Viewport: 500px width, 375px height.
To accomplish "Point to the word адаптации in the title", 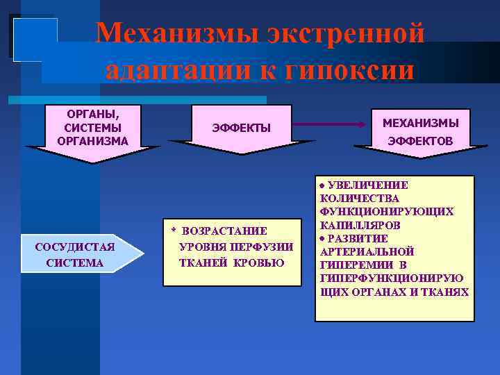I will (x=172, y=71).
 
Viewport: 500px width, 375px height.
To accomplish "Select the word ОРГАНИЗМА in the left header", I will (x=92, y=140).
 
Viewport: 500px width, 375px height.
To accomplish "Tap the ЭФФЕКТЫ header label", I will (x=241, y=127).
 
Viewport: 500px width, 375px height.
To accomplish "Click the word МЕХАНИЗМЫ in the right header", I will (x=421, y=123).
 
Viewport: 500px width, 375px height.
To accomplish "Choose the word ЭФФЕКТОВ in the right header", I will (x=421, y=141).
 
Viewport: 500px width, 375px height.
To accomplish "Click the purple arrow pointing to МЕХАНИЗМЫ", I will (x=333, y=123).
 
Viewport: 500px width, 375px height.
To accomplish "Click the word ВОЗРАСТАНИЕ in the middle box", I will (x=224, y=231).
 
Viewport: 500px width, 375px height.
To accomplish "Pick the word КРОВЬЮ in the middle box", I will (x=259, y=262).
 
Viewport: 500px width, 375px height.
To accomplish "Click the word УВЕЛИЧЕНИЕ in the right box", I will (x=368, y=185).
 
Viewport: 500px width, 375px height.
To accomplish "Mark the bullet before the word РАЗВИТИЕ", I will (x=322, y=239).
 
